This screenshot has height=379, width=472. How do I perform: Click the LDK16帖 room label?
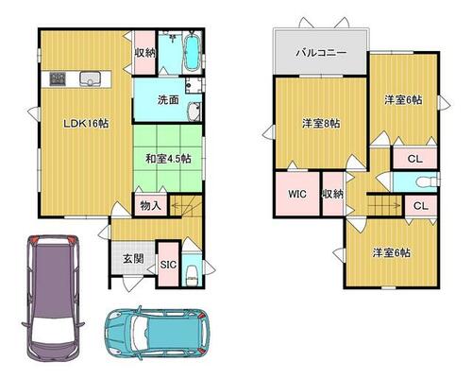(86, 123)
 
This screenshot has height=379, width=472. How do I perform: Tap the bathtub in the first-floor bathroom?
(192, 52)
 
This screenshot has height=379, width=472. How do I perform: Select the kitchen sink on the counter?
(90, 78)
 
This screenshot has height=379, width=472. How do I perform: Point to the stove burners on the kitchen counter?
(58, 78)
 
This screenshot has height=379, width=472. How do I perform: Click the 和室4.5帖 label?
(168, 159)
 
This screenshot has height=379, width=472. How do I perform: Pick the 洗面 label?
(168, 100)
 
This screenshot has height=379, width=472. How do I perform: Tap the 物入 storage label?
(150, 206)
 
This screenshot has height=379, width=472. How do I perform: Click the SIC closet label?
(168, 265)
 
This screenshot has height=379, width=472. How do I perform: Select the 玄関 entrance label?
(133, 259)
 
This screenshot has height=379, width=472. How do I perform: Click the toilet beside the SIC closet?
(192, 276)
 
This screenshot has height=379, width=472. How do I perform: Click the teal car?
(157, 333)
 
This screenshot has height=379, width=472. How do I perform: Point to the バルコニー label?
(321, 52)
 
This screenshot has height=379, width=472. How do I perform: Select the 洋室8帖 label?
(321, 123)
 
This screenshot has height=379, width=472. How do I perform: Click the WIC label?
(297, 194)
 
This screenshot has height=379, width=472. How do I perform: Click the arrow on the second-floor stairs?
(384, 205)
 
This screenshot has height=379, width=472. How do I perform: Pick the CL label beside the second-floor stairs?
(421, 206)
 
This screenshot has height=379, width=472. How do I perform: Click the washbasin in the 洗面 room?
(193, 112)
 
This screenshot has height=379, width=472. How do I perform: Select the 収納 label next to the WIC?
(332, 194)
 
